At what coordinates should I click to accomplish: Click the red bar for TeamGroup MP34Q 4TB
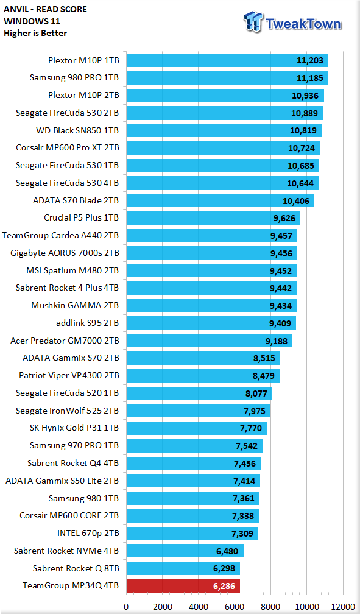click(x=183, y=586)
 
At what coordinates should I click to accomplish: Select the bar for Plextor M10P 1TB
click(x=227, y=60)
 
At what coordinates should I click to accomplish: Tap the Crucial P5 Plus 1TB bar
click(x=213, y=217)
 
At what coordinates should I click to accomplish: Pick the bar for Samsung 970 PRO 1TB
click(x=194, y=446)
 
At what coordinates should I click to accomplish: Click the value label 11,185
click(x=310, y=78)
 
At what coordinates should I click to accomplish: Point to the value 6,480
click(x=227, y=551)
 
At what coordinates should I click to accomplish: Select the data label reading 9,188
click(x=277, y=341)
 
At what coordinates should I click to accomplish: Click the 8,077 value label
click(x=256, y=393)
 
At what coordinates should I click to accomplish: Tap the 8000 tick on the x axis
click(x=270, y=607)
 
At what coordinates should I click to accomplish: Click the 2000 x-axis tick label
click(x=162, y=607)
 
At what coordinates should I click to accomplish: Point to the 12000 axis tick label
click(x=343, y=607)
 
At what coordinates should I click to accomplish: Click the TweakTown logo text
click(x=303, y=24)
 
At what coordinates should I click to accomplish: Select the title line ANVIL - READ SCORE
click(x=46, y=9)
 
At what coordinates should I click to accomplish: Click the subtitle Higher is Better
click(x=35, y=34)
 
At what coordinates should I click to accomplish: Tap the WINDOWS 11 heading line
click(x=32, y=21)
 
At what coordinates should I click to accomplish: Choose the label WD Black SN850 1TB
click(x=77, y=130)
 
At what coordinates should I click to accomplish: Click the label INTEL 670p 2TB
click(x=88, y=534)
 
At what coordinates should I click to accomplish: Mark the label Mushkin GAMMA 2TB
click(x=75, y=305)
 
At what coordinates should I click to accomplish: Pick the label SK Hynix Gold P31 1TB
click(x=74, y=428)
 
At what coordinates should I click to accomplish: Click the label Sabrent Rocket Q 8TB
click(x=76, y=568)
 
